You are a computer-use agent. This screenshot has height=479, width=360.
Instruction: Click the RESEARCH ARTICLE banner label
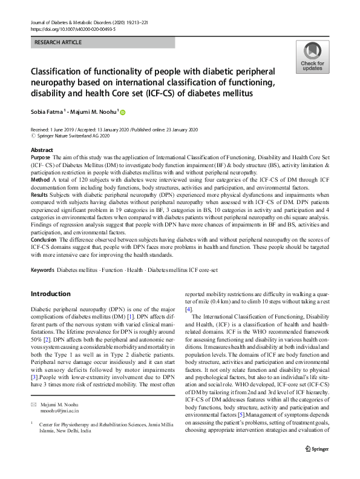point(59,42)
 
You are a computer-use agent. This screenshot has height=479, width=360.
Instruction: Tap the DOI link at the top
point(73,28)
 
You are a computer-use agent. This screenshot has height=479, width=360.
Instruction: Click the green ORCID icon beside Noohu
point(122,112)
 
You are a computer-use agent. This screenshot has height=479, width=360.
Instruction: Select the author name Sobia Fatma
point(49,112)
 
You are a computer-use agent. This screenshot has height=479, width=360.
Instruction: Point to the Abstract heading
point(42,150)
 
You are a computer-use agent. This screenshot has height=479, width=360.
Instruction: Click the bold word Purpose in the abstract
point(41,157)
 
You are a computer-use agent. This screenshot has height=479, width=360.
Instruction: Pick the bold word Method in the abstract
point(41,180)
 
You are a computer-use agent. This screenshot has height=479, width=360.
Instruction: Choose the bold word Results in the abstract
point(41,195)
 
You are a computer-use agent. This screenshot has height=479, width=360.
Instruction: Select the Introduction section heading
point(50,294)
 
